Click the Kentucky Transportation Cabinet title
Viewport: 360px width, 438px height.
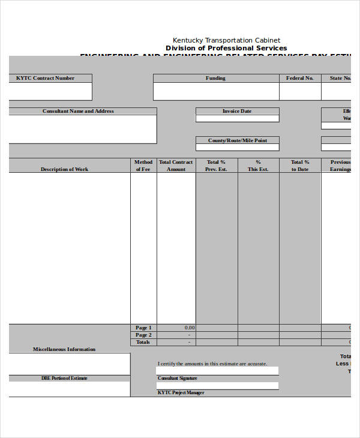226,40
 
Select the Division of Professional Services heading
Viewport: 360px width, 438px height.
226,48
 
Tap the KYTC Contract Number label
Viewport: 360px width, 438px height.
46,78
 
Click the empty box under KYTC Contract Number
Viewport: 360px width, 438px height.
50,91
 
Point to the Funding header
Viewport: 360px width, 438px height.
216,78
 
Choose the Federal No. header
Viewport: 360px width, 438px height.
300,78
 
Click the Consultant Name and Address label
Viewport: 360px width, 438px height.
78,111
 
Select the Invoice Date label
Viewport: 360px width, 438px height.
237,111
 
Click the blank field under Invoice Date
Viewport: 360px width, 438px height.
237,118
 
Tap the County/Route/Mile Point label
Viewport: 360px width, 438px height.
237,140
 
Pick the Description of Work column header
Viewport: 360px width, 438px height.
64,169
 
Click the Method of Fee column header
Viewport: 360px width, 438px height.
143,166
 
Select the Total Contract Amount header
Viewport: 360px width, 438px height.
176,166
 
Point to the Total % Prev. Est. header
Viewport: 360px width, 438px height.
216,166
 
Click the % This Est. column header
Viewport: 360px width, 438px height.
258,166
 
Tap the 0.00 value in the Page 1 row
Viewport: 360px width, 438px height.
189,328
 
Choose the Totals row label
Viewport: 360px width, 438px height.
143,342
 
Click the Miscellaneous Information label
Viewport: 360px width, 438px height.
64,349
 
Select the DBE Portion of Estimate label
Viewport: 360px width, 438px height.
64,378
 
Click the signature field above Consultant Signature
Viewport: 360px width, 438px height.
217,371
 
